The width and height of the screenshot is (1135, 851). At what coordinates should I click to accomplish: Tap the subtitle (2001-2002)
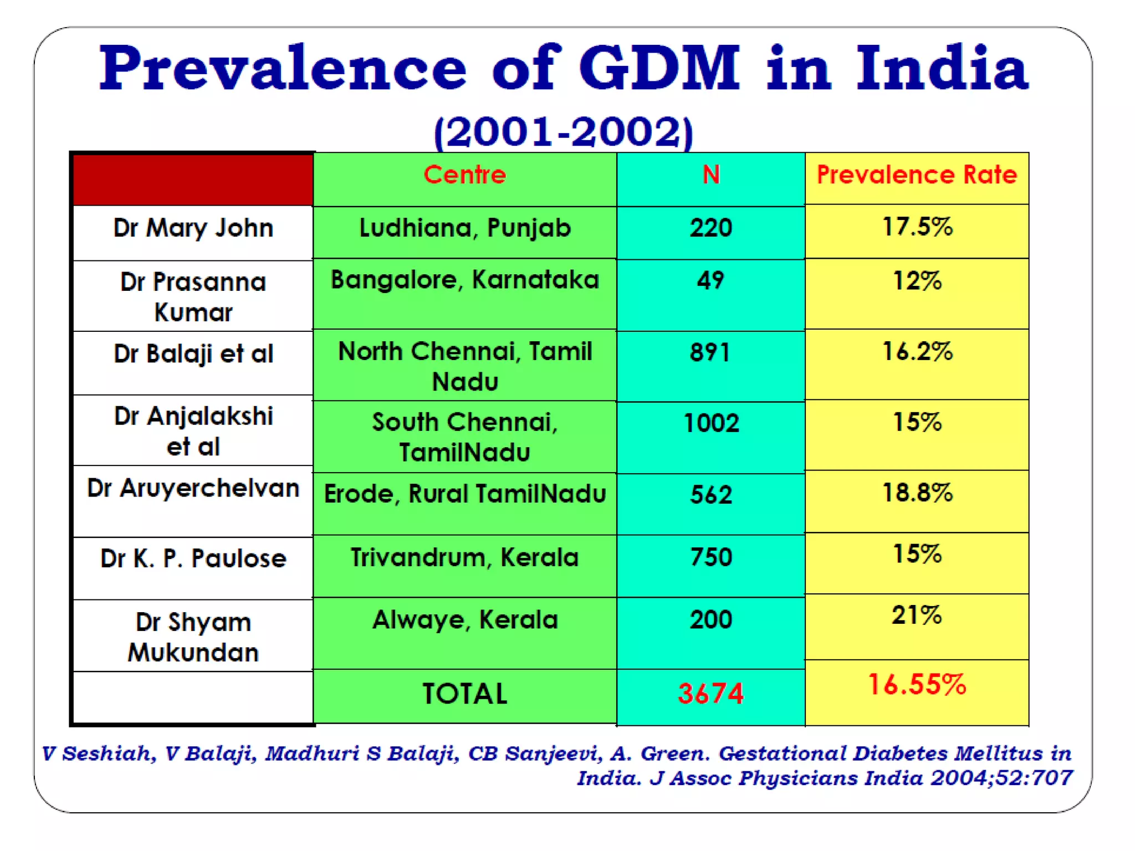[x=563, y=132]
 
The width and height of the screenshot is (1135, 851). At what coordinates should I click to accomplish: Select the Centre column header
[x=464, y=175]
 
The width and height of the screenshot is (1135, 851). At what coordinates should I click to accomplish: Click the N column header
[x=710, y=175]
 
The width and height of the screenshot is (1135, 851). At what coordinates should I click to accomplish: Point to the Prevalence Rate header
[x=917, y=175]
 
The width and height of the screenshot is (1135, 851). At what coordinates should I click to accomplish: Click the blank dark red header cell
[x=193, y=180]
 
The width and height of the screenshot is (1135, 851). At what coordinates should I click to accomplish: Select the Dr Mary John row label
[x=193, y=228]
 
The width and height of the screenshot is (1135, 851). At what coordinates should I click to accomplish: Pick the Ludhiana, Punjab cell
[x=464, y=228]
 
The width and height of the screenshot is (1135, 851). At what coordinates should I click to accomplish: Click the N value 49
[x=710, y=280]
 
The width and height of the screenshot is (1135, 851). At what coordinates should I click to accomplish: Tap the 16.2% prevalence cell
[x=917, y=351]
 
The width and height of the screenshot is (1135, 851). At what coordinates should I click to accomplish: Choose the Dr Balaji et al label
[x=193, y=354]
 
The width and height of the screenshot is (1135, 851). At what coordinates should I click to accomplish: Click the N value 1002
[x=710, y=423]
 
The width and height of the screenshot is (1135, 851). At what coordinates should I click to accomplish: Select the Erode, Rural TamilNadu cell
[x=464, y=494]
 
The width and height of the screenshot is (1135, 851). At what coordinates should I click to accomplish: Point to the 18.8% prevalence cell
[x=917, y=493]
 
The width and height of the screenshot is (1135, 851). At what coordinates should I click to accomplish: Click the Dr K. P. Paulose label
[x=193, y=558]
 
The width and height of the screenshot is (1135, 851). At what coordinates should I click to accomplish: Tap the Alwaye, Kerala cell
[x=464, y=619]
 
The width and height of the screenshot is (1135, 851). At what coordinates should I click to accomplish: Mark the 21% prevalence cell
[x=917, y=615]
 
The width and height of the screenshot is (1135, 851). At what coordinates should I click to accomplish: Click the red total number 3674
[x=710, y=693]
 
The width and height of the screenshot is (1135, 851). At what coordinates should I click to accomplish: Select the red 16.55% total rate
[x=917, y=685]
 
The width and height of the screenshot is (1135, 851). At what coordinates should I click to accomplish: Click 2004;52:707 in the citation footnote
[x=1001, y=778]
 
